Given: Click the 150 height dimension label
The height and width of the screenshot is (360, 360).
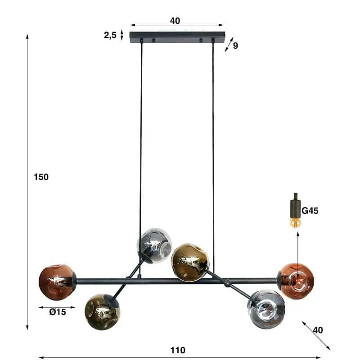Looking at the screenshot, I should [x=41, y=177].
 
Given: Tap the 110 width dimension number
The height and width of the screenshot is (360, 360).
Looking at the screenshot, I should [x=178, y=350].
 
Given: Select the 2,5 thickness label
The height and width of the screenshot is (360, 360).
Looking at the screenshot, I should [x=110, y=35].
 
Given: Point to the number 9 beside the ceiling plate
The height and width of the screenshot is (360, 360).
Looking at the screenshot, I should [x=235, y=45].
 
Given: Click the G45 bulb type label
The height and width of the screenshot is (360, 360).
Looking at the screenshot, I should [x=310, y=211].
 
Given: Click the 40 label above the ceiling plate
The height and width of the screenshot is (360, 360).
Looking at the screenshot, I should [x=175, y=20].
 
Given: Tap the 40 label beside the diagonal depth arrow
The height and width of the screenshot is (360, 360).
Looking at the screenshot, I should [x=318, y=330].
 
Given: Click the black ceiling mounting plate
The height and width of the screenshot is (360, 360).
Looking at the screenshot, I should [x=177, y=37].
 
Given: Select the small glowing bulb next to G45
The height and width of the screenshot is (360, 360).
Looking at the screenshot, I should [x=295, y=222].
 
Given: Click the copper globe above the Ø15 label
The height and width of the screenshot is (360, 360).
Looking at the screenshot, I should [x=57, y=282].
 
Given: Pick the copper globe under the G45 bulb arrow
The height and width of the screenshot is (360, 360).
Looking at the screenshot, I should [x=296, y=281].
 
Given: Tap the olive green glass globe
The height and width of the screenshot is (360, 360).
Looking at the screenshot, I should [x=102, y=311].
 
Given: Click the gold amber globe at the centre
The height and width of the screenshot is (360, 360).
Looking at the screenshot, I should [x=190, y=262].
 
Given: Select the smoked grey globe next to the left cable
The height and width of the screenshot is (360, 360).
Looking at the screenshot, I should [x=154, y=245].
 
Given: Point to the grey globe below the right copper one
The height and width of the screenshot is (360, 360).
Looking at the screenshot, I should [x=265, y=309].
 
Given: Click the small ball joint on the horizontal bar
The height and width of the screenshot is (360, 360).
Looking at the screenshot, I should [x=227, y=283].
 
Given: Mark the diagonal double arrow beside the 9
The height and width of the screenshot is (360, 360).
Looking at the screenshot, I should [x=229, y=44].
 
